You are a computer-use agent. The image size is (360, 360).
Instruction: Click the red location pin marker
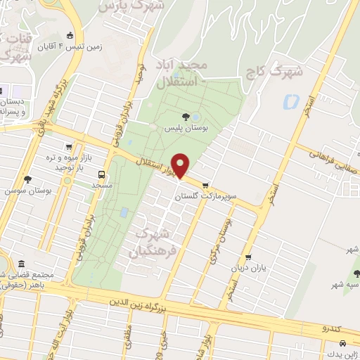(x=181, y=165)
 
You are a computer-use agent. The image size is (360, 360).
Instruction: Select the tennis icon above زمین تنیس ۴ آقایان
(x=69, y=36)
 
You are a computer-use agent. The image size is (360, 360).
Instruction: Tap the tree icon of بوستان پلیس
(x=185, y=117)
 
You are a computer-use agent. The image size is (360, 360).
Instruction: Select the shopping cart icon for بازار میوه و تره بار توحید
(x=68, y=147)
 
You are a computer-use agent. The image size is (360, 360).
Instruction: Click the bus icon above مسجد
(x=103, y=174)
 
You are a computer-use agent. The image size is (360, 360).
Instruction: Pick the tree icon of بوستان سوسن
(x=27, y=179)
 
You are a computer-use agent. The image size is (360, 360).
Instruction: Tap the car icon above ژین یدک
(x=342, y=343)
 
